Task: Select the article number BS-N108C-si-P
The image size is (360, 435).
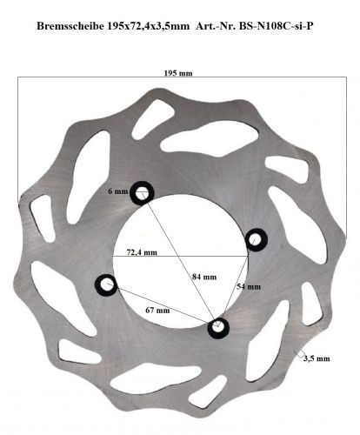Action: click(276, 26)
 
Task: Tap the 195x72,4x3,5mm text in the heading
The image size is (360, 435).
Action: click(148, 26)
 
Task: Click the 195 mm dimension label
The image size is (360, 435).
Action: click(178, 73)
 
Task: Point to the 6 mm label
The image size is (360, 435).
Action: click(117, 191)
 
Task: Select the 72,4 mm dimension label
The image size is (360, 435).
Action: click(142, 252)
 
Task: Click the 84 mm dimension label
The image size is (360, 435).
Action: click(204, 277)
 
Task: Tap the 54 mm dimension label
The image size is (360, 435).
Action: click(249, 286)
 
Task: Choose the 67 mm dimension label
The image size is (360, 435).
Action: click(157, 311)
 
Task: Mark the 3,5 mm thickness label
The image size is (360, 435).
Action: click(317, 358)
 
